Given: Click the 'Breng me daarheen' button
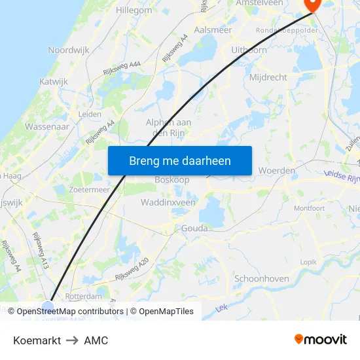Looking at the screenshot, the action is pos(179,160).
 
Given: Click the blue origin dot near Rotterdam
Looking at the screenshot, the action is pos(48,307).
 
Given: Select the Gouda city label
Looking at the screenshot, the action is pos(194,228).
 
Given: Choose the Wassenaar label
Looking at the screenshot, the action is pos(46,126).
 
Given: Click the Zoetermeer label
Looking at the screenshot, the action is pos(89,189).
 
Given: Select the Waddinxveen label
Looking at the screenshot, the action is pos(168,203).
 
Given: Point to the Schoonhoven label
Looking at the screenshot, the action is pos(262,278).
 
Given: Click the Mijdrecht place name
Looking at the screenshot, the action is pos(268,77).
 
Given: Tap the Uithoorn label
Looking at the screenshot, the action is pos(249,50).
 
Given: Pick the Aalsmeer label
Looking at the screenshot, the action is pos(213,30).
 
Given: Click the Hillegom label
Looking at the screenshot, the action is pos(134,11).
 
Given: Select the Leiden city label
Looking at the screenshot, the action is pos(90,114).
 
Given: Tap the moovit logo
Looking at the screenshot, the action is pos(321,339).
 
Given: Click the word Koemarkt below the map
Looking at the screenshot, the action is pos(37,340).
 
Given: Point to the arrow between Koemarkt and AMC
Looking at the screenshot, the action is pos(72,340).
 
